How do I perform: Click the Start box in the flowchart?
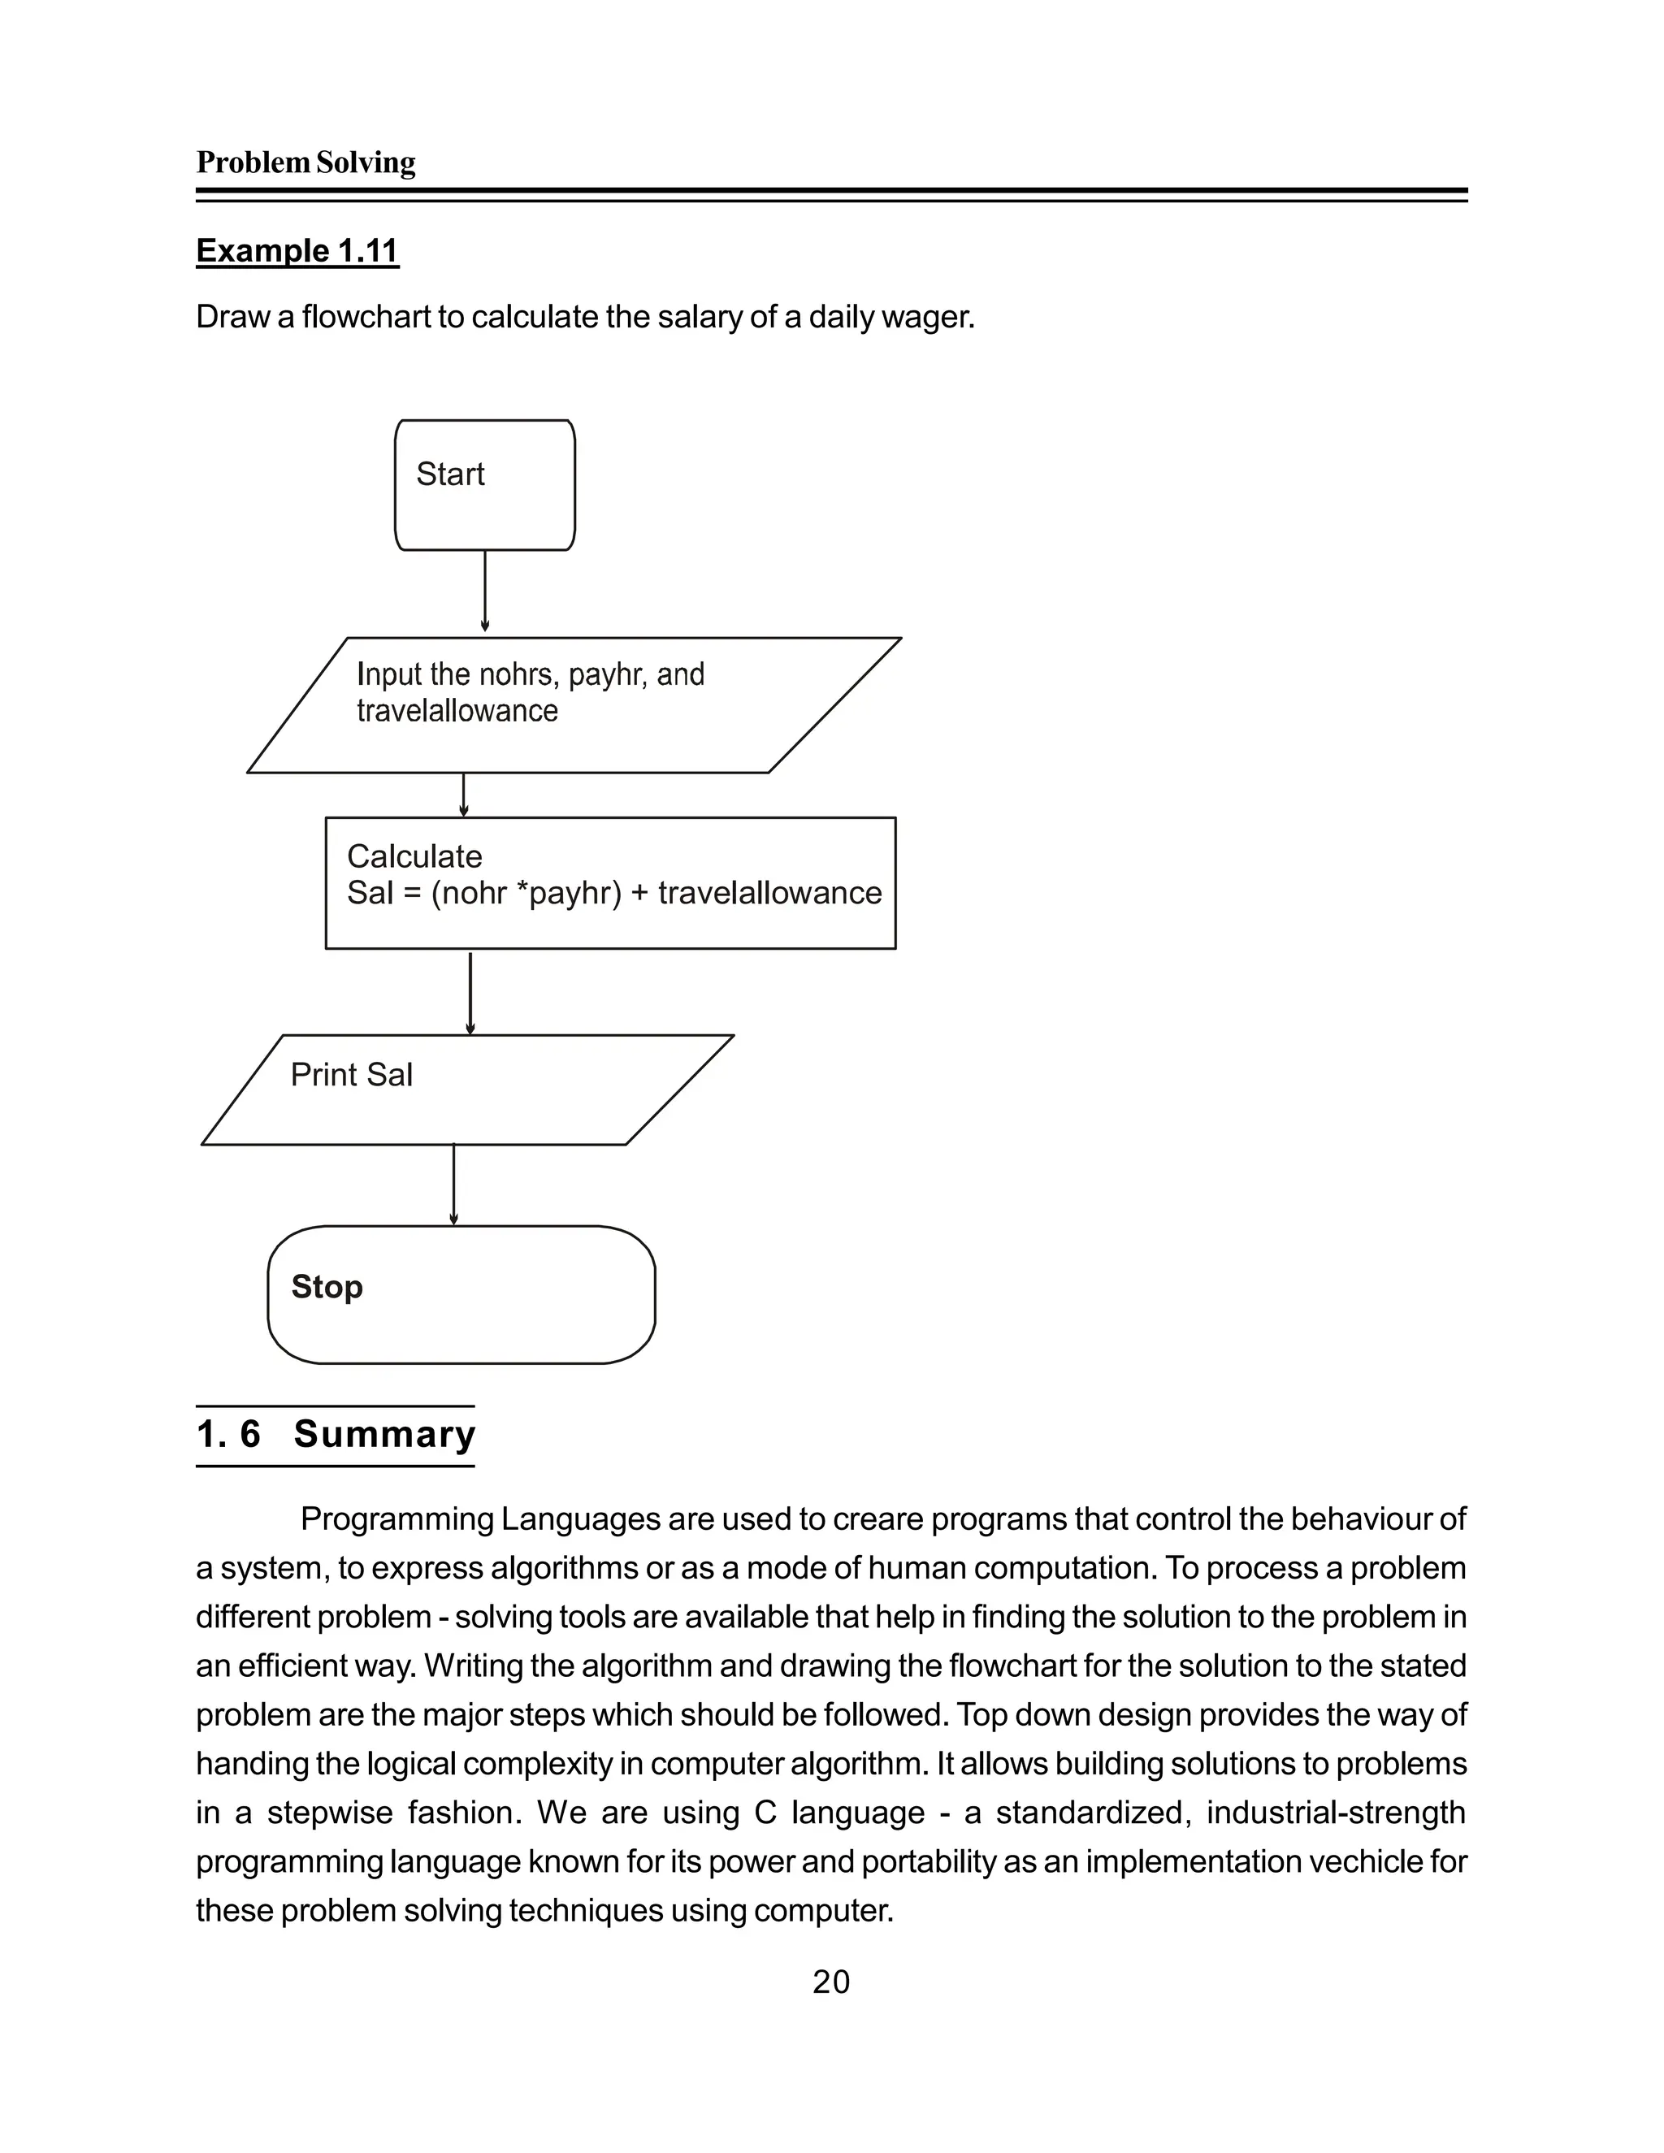click(484, 485)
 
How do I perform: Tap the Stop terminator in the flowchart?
click(461, 1294)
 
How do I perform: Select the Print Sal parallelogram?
click(467, 1089)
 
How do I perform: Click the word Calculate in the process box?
click(414, 856)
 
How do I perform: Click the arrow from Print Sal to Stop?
click(453, 1184)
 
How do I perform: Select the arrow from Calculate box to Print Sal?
click(470, 992)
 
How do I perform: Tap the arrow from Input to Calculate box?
click(463, 795)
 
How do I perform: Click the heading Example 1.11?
click(297, 250)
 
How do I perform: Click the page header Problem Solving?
click(305, 162)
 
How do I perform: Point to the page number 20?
click(831, 1982)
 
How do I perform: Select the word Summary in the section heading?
click(384, 1434)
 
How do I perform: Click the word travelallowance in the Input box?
click(457, 711)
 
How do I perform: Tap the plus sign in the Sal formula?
click(639, 893)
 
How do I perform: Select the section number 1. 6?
click(227, 1434)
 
